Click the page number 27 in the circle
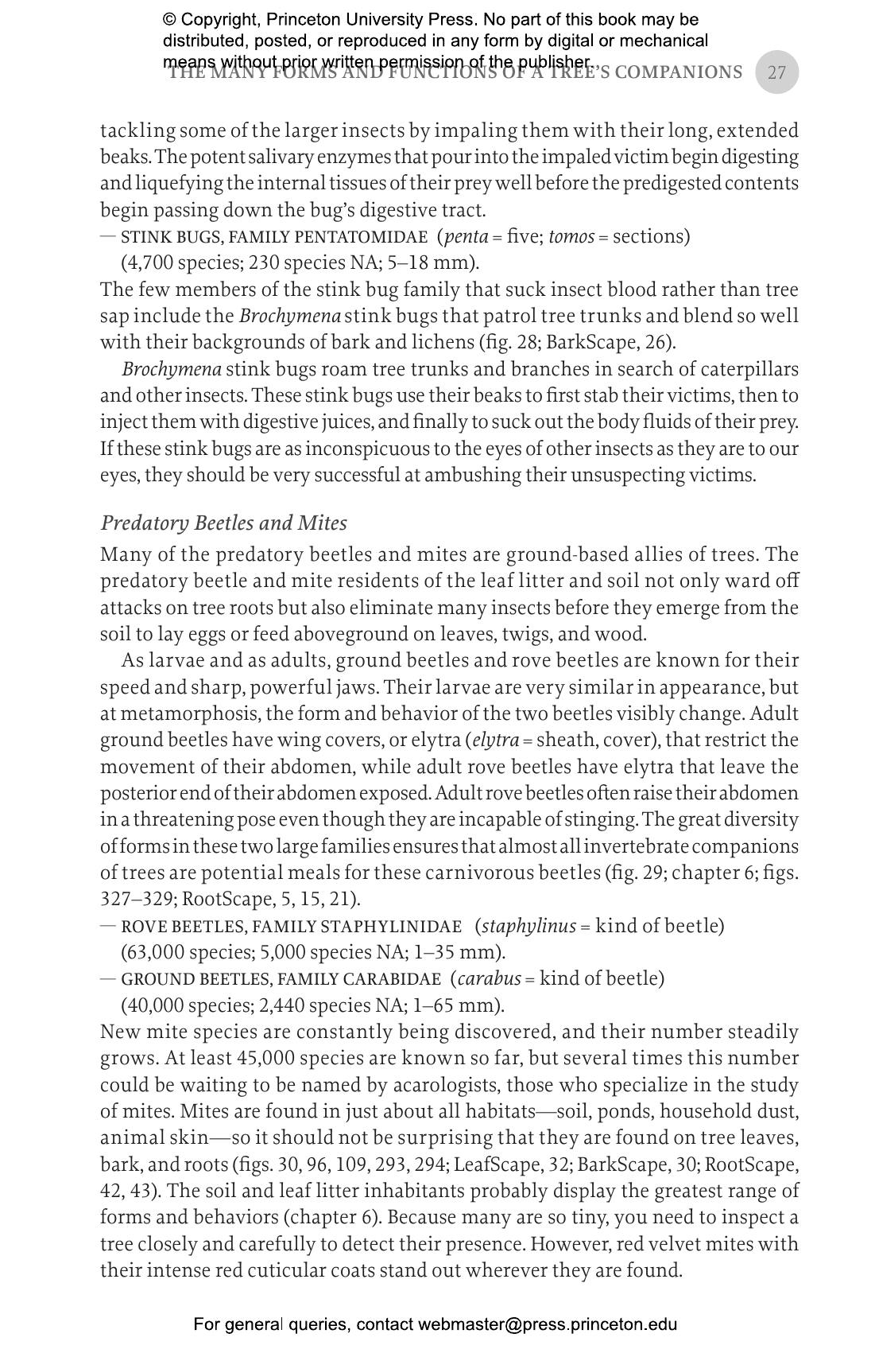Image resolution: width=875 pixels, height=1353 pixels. coord(776,72)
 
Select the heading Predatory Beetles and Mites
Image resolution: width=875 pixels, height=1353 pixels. coord(223,523)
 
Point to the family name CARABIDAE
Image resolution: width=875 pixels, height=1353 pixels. coord(395,979)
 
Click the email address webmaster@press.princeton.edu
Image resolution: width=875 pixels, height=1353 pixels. coord(548,1324)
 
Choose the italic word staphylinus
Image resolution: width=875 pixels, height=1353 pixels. coord(528,926)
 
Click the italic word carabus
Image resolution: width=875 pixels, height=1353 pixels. coord(489,978)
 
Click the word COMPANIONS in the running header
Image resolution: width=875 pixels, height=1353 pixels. coord(679,72)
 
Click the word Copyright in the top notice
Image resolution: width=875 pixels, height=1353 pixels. coord(219,19)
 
